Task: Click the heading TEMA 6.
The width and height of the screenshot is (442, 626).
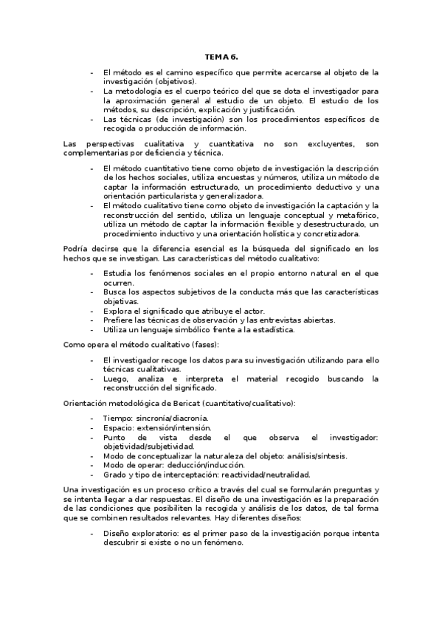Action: coord(221,57)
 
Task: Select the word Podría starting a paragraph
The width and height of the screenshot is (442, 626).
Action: coord(76,248)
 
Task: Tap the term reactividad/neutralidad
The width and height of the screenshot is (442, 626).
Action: coord(263,474)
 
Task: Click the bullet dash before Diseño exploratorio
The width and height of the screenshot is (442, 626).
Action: coord(91,532)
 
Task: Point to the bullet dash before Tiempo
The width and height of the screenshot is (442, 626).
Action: coord(91,418)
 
